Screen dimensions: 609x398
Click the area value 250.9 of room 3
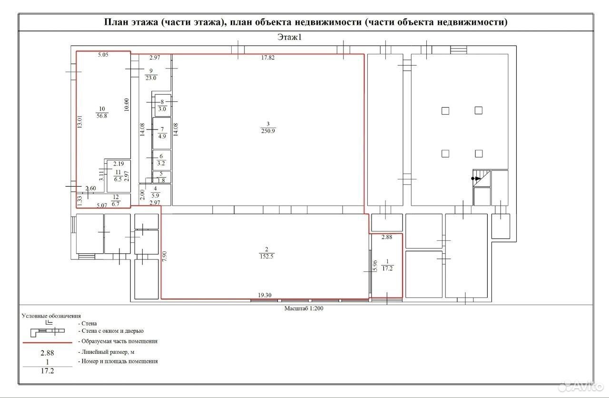(268, 131)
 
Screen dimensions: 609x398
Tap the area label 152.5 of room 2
(266, 256)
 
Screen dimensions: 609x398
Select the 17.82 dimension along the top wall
(268, 58)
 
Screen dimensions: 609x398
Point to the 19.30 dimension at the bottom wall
(265, 295)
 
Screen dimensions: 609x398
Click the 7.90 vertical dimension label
(164, 256)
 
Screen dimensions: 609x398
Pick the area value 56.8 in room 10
(102, 116)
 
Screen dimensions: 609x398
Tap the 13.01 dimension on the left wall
(79, 121)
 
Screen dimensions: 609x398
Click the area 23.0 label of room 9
(151, 78)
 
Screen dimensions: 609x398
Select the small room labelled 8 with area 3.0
(162, 106)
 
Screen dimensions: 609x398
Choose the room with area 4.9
(162, 133)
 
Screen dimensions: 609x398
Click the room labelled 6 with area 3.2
(162, 160)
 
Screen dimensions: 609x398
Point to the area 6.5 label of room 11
(118, 179)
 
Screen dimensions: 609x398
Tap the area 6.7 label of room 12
(116, 204)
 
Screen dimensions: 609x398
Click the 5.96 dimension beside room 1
(375, 266)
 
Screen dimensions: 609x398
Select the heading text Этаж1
(290, 37)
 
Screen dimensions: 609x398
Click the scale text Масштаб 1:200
(304, 308)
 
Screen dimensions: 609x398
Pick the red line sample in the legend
(48, 343)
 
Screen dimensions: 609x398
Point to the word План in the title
(117, 22)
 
